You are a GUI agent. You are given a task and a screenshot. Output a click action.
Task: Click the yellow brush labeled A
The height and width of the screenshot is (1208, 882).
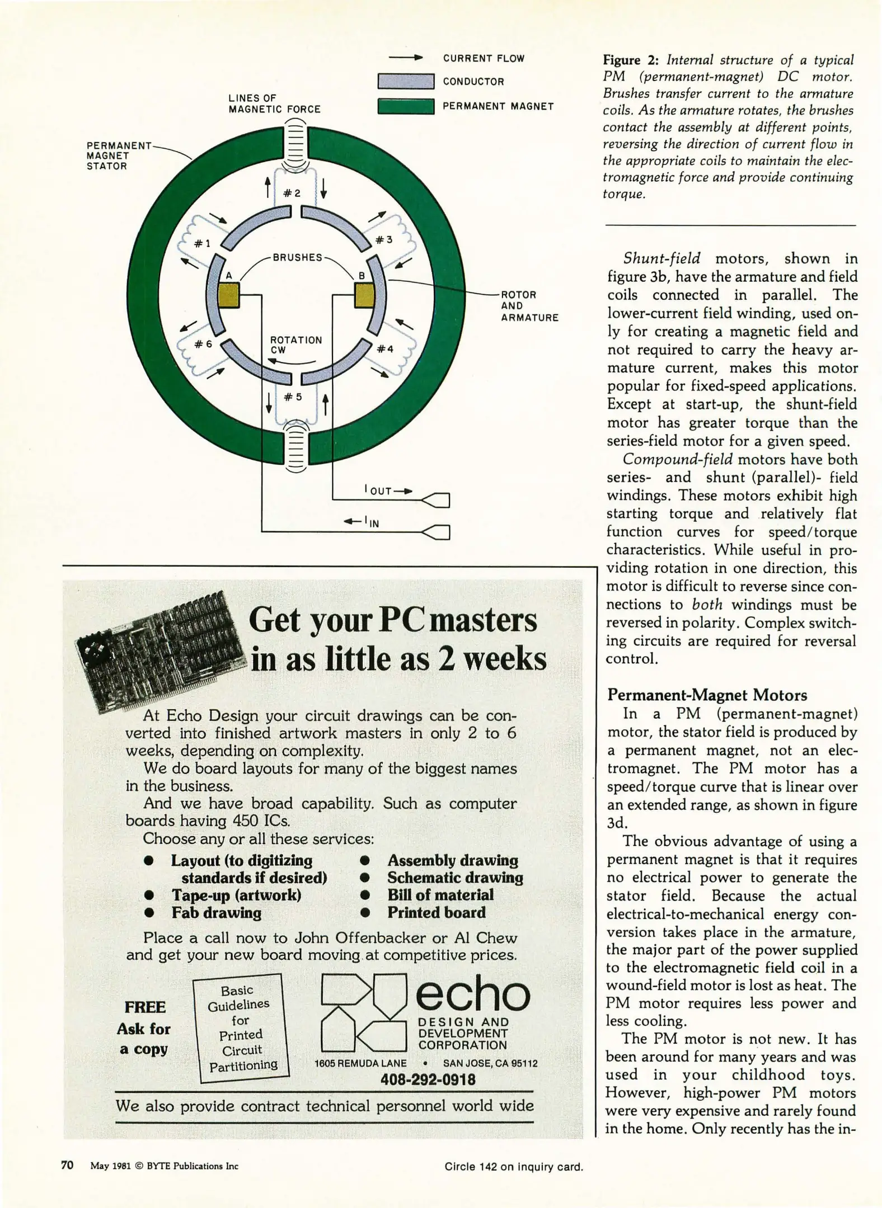click(x=228, y=295)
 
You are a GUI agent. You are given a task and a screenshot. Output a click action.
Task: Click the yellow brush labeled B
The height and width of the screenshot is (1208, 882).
click(x=364, y=295)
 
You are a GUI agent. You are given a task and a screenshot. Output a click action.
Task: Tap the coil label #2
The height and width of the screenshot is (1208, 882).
click(x=292, y=193)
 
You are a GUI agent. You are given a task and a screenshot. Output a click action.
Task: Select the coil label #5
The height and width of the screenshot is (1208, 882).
click(x=293, y=397)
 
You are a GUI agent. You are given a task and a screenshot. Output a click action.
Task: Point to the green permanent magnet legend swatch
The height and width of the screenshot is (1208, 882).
click(x=406, y=106)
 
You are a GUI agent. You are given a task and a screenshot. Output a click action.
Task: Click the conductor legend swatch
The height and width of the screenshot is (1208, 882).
click(x=406, y=81)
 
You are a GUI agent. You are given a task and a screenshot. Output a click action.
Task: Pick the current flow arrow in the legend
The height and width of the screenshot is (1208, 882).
click(x=405, y=58)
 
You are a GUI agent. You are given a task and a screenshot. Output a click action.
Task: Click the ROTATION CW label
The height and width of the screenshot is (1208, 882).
click(x=295, y=345)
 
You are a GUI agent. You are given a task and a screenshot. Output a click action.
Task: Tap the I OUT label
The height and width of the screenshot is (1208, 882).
click(x=378, y=490)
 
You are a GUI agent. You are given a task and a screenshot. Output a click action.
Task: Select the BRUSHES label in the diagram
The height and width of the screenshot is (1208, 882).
click(x=297, y=257)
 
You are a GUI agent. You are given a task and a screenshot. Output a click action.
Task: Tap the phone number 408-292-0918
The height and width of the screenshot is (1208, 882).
click(x=428, y=1079)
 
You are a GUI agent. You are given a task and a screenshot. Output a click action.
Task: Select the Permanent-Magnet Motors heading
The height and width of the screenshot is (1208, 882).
click(x=707, y=695)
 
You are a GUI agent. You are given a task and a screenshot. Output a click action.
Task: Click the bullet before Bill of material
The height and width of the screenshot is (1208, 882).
click(x=365, y=895)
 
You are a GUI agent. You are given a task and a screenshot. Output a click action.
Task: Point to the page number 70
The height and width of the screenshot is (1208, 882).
click(x=67, y=1165)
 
